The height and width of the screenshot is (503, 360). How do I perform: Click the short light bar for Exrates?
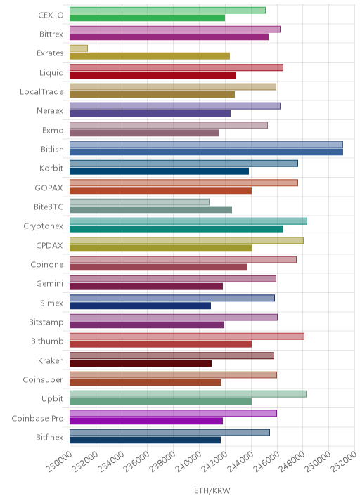[79, 48]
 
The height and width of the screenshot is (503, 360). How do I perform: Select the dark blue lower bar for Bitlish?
[206, 152]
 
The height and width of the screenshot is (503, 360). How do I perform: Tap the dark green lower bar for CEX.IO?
[147, 18]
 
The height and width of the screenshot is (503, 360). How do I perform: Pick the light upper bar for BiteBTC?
[139, 202]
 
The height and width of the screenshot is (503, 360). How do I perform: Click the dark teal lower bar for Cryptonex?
[176, 229]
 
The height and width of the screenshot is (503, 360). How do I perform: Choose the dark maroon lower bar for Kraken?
[141, 363]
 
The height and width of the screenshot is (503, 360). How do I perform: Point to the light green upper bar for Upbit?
[188, 394]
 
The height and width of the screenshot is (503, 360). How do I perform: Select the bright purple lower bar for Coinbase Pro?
[146, 421]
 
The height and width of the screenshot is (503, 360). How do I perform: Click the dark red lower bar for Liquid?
[153, 75]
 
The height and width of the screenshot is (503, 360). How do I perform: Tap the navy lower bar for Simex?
[141, 306]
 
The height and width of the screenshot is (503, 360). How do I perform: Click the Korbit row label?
[51, 169]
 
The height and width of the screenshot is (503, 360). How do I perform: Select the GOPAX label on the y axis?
[49, 188]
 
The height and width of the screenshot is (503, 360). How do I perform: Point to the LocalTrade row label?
[41, 92]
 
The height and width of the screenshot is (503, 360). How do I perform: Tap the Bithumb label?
[47, 341]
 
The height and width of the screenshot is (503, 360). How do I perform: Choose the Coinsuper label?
[43, 380]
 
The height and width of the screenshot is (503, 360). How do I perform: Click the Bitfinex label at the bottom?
[49, 437]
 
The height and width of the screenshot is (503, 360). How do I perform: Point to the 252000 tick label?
[344, 462]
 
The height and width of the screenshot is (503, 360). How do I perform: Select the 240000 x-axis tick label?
[188, 462]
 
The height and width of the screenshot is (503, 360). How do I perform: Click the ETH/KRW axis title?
[212, 490]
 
